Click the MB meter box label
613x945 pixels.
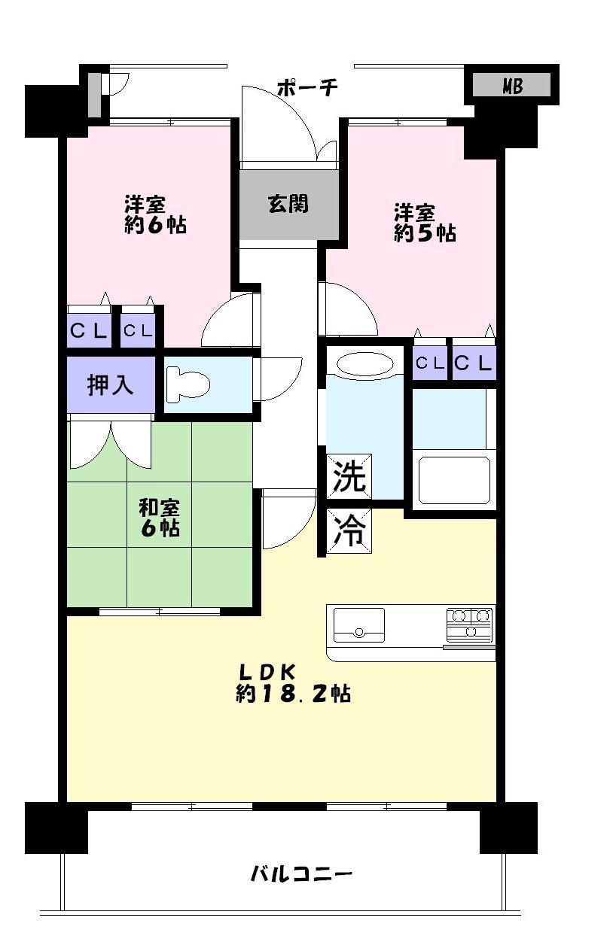[512, 87]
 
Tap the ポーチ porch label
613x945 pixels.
[306, 88]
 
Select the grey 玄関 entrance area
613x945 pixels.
[288, 204]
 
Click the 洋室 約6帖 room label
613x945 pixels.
[155, 214]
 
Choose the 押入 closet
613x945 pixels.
[111, 384]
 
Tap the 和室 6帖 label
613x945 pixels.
[159, 517]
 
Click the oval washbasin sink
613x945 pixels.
[364, 364]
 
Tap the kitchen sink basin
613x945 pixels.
[358, 624]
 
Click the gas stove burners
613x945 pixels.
[469, 624]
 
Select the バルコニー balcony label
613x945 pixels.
[301, 874]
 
